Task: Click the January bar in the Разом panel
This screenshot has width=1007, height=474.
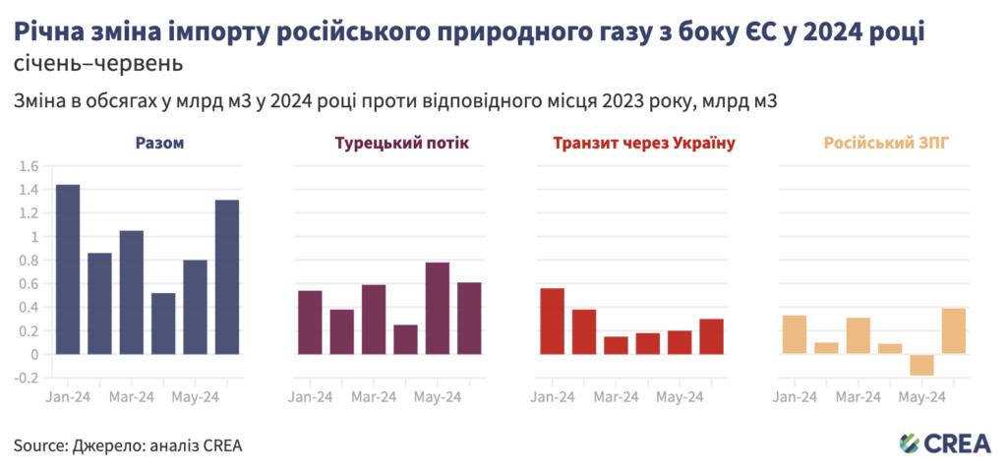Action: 68,268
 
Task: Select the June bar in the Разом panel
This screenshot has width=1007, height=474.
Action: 227,276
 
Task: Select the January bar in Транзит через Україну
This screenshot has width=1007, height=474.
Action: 552,321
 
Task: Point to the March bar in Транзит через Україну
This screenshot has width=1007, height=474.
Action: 616,345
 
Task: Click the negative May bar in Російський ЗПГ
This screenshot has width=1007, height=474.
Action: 921,365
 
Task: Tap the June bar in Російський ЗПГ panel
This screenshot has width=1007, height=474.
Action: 953,330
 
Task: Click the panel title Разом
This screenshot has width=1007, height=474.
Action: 159,144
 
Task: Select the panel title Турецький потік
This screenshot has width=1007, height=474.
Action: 402,144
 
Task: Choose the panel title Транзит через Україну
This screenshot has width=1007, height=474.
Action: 644,144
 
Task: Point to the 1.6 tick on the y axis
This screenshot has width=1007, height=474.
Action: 29,166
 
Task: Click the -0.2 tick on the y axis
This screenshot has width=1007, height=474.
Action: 27,378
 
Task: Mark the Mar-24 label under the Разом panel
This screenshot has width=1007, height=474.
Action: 132,397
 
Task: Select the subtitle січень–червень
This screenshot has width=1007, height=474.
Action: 98,66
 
